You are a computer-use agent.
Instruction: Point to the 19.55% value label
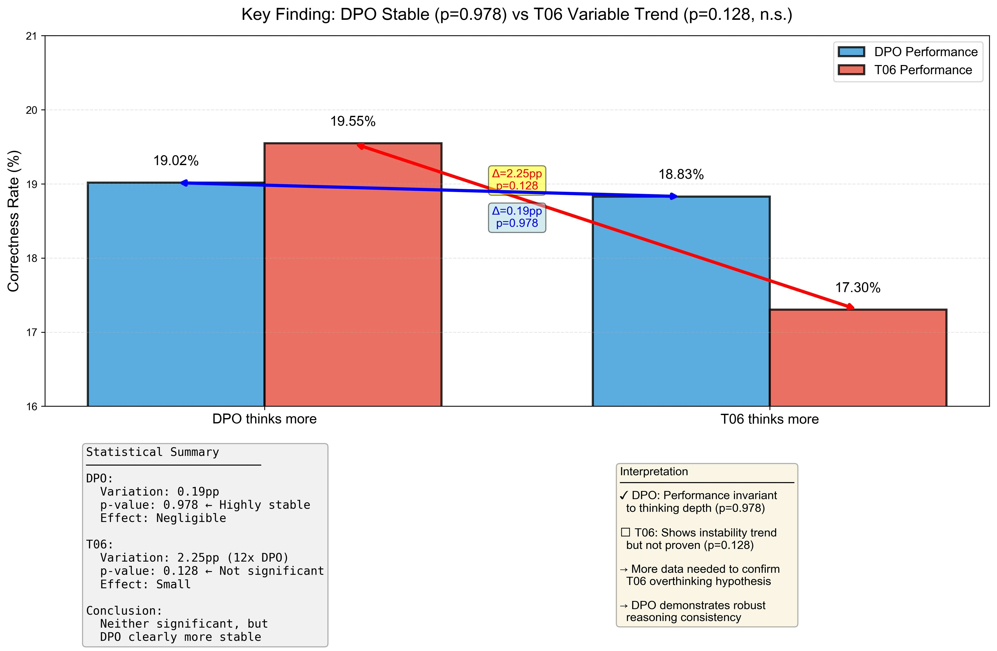(353, 122)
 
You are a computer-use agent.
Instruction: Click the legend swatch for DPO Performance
(851, 52)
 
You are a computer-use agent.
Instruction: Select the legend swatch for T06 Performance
(851, 70)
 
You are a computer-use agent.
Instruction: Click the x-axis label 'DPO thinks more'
(264, 419)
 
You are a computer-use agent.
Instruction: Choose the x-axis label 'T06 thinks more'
(770, 419)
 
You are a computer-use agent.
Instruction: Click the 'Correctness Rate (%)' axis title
(13, 221)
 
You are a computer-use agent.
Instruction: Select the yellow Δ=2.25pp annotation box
(517, 180)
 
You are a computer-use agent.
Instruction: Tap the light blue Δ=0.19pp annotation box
(517, 217)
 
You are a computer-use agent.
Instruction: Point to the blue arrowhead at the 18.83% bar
(673, 196)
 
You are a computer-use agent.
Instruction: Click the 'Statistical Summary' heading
(153, 452)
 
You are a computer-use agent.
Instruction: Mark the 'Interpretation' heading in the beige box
(654, 472)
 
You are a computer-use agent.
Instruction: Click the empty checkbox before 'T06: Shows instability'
(625, 532)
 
